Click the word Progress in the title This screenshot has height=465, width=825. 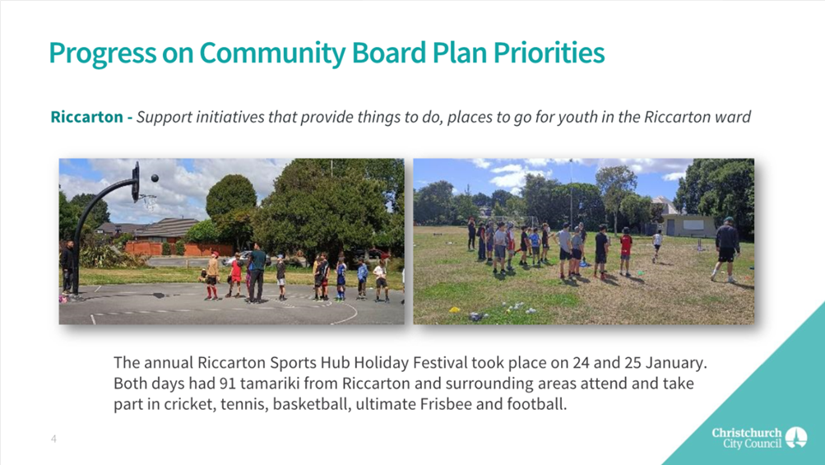tap(103, 53)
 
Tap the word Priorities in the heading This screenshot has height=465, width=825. tap(549, 52)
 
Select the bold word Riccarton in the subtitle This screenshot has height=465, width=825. tap(87, 116)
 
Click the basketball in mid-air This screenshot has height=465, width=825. tap(155, 179)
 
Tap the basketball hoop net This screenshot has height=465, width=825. tap(149, 202)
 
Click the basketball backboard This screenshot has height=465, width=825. tap(137, 182)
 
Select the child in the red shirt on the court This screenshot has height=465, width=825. tap(236, 276)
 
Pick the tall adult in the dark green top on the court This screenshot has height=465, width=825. tap(257, 272)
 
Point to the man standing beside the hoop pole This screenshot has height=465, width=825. tap(67, 267)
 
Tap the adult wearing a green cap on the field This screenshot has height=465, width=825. tap(726, 249)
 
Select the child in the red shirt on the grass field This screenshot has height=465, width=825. tap(625, 252)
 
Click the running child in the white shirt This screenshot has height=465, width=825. tap(656, 245)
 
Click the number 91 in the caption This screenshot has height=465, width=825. tap(227, 384)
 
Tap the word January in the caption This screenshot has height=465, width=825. tap(676, 363)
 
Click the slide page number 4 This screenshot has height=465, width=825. tap(53, 439)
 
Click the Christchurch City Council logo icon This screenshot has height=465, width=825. tap(796, 438)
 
